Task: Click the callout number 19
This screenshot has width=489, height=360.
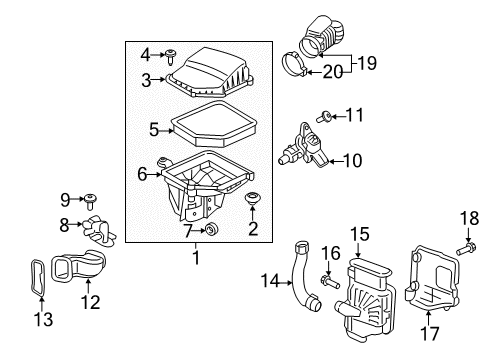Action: point(367,63)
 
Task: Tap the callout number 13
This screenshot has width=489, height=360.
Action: point(43,319)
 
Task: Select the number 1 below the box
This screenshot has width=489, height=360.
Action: point(196,257)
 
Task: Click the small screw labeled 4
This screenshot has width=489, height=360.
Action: point(171,57)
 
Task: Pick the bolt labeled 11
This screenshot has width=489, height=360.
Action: point(323,117)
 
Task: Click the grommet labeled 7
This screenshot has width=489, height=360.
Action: point(211,229)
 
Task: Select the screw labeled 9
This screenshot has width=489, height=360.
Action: point(90,201)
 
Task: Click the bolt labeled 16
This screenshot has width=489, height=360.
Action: point(330,282)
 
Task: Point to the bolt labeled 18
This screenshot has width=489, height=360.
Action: point(466,250)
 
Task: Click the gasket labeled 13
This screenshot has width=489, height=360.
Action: point(37,278)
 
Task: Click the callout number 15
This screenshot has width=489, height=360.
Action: point(360,234)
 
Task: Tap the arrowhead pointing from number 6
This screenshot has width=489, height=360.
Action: point(159,174)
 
